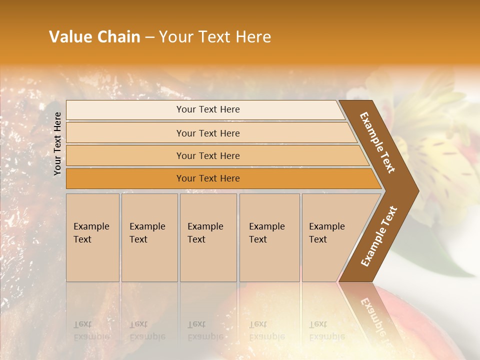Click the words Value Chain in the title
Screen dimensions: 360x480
[94, 37]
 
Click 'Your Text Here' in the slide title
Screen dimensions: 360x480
[215, 37]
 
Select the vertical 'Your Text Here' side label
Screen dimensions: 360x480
[57, 143]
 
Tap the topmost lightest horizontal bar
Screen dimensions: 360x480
[207, 109]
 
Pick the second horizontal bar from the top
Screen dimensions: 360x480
[207, 133]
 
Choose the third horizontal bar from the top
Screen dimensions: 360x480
[207, 155]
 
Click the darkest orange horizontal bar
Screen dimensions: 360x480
[207, 178]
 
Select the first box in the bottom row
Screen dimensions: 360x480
[92, 237]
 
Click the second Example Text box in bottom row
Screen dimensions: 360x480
[149, 237]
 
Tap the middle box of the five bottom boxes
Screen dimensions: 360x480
[208, 237]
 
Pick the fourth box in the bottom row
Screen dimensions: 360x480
[269, 237]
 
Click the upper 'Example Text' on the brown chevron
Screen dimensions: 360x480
[377, 142]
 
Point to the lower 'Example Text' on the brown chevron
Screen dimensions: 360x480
[379, 236]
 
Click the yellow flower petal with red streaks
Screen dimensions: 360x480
[440, 155]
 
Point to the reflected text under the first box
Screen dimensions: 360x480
[90, 330]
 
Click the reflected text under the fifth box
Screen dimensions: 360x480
[326, 330]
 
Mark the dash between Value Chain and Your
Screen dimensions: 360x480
[149, 38]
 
